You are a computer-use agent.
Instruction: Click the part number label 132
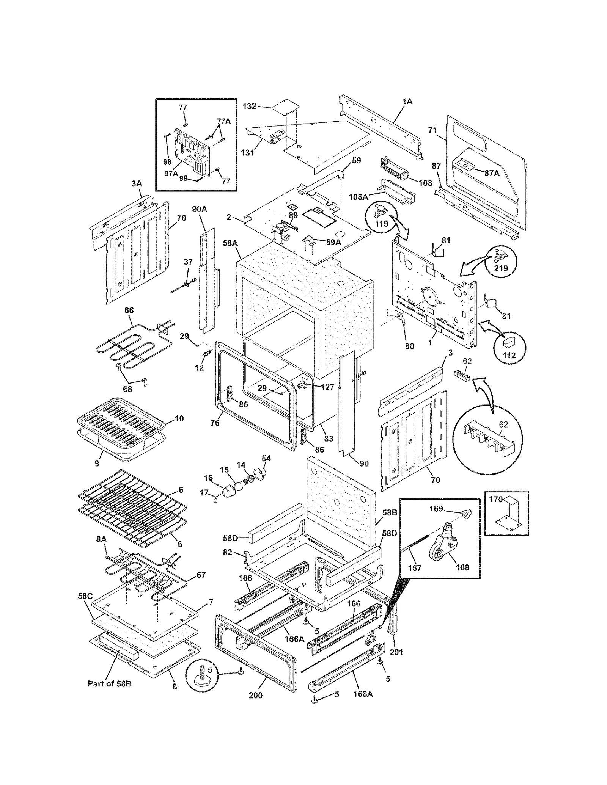pyautogui.click(x=249, y=107)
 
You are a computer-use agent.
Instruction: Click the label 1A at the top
pyautogui.click(x=407, y=102)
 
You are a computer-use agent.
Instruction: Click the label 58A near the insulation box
pyautogui.click(x=230, y=243)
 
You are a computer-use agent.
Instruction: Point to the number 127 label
pyautogui.click(x=327, y=387)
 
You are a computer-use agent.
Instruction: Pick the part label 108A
pyautogui.click(x=359, y=197)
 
